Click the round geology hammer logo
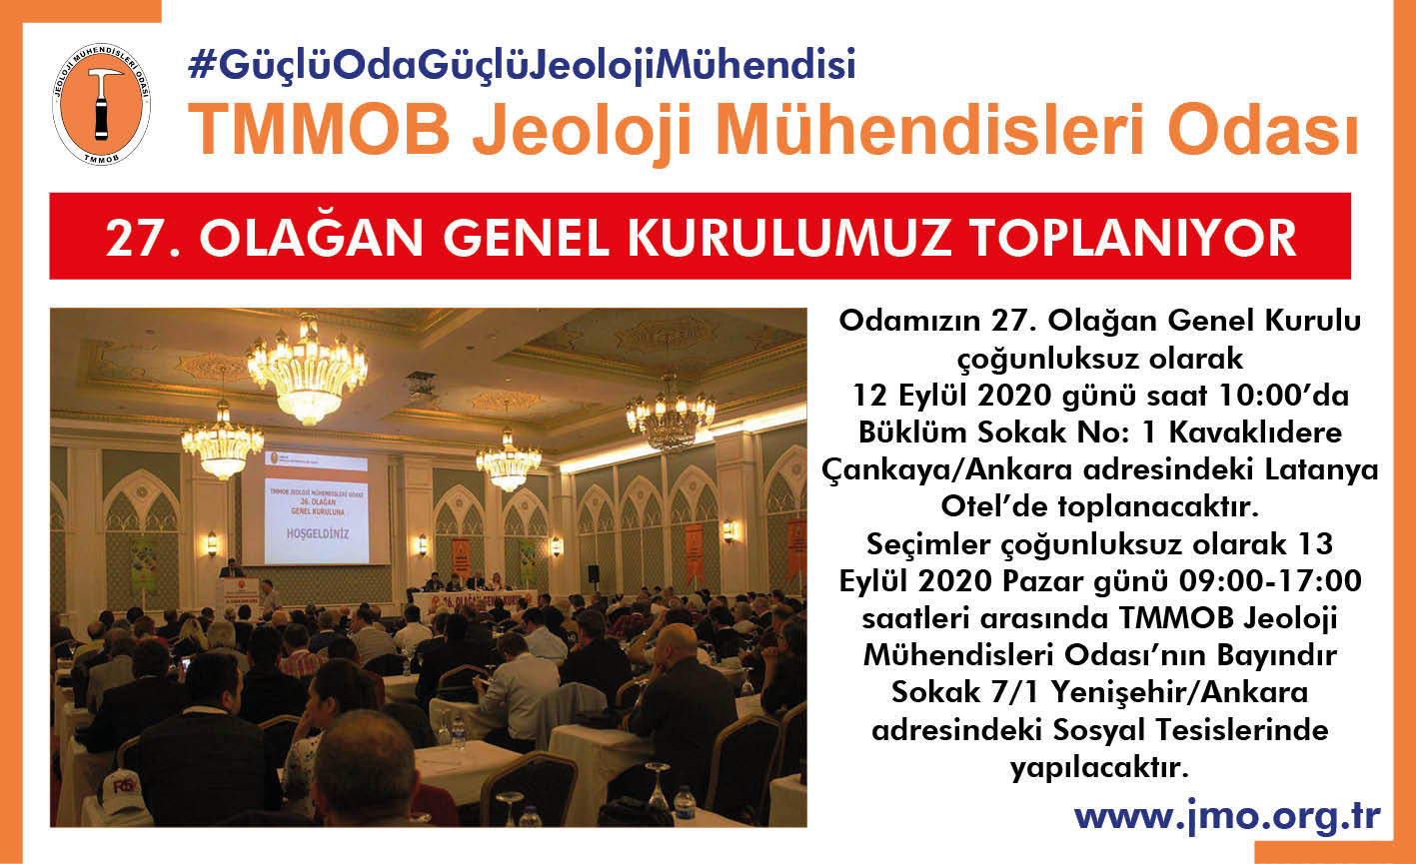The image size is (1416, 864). click(x=101, y=104)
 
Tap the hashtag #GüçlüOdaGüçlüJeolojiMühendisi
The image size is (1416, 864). click(x=522, y=66)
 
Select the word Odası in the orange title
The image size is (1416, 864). click(x=1263, y=132)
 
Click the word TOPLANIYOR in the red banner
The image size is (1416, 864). click(x=1133, y=238)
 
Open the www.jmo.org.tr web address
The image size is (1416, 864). click(x=1227, y=817)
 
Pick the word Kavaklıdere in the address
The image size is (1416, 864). click(x=1255, y=432)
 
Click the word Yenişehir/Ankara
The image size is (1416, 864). click(x=1180, y=693)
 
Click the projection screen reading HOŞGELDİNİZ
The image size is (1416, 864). click(x=316, y=508)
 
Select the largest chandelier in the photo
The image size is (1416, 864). click(x=308, y=372)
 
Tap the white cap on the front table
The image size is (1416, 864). click(x=125, y=789)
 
